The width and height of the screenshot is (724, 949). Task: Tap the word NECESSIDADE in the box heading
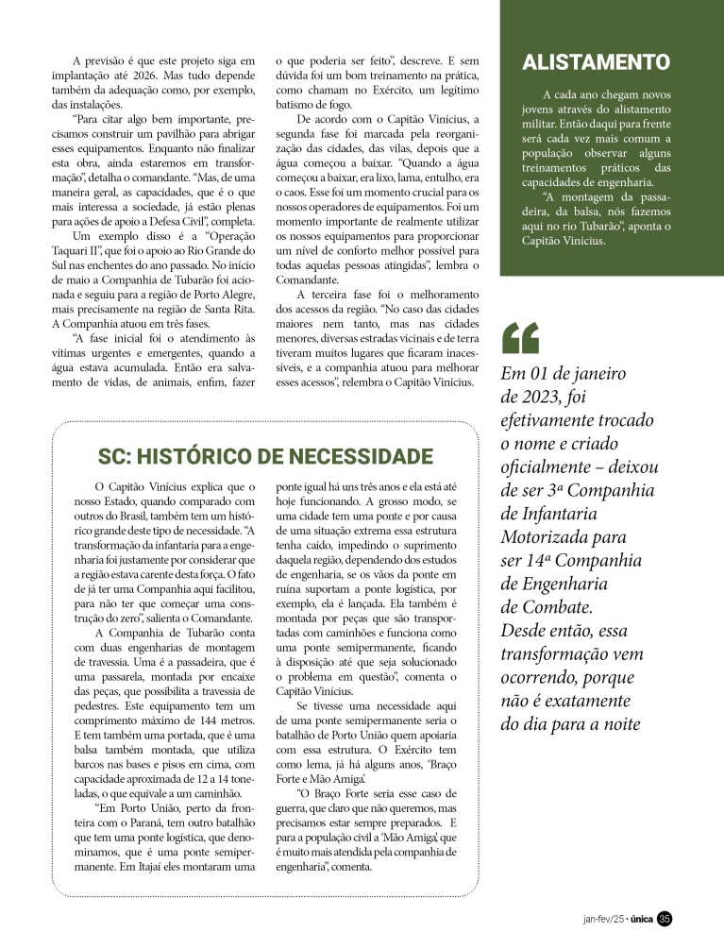[362, 457]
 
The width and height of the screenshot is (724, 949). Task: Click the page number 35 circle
[665, 918]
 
